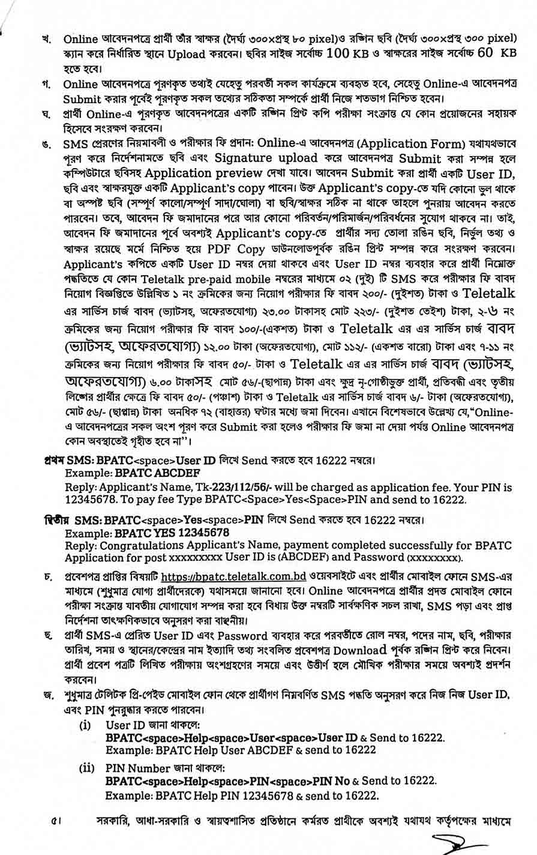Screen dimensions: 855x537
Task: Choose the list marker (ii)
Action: [88, 768]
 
